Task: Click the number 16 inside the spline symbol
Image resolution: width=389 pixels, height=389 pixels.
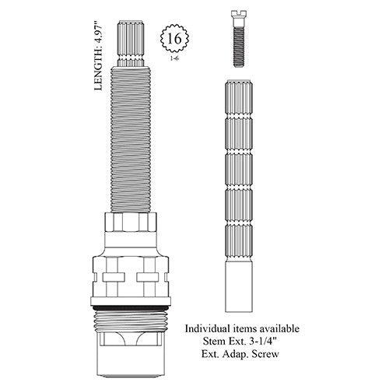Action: point(174,39)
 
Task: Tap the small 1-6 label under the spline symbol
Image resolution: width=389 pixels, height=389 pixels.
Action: point(174,58)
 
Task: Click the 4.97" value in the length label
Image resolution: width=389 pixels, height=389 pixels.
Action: point(98,36)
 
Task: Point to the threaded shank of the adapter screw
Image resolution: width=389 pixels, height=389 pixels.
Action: point(239,47)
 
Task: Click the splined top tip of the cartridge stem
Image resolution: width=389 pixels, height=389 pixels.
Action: point(131,44)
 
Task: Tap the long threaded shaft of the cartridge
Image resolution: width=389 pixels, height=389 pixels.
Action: point(131,139)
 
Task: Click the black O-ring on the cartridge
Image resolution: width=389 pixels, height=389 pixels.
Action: point(131,308)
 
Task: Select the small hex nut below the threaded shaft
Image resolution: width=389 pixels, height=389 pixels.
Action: point(131,222)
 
